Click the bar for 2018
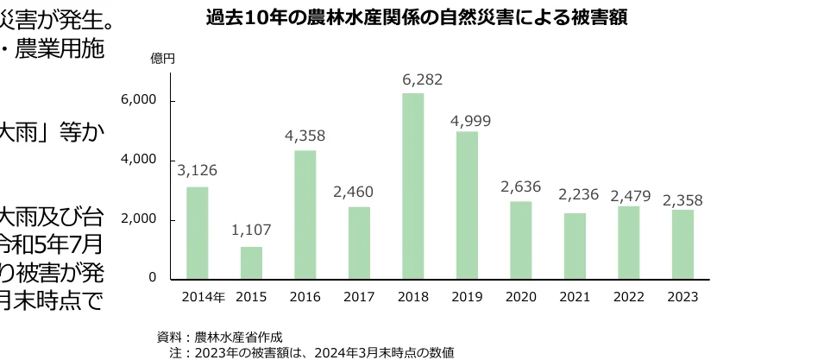412,186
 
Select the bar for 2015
251,262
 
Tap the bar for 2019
467,205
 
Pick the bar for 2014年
197,232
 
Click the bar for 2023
682,244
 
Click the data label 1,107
251,231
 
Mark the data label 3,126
197,171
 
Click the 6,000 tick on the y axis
138,100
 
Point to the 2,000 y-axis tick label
138,219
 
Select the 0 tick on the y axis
152,278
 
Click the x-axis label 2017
359,296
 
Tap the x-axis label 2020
520,296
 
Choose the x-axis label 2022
628,296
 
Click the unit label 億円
162,59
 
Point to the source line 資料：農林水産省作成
219,337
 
